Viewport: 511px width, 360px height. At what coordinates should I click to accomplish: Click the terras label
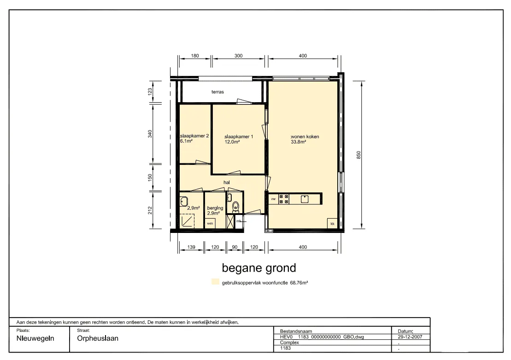point(217,92)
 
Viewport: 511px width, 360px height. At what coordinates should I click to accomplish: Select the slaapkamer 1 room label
point(239,137)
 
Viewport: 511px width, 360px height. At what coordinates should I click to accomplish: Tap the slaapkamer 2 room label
point(194,136)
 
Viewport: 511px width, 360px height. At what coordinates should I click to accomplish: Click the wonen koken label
point(305,137)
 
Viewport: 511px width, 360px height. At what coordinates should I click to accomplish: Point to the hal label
point(227,182)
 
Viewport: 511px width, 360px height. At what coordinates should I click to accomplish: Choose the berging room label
point(215,208)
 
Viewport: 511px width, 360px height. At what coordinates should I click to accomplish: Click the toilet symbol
point(235,206)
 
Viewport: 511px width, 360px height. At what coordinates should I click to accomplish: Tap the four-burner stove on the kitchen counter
point(283,199)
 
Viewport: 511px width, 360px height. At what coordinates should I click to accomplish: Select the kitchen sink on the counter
point(305,199)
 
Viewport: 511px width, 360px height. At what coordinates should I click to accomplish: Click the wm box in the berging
point(210,223)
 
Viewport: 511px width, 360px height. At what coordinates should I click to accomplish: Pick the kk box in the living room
point(332,224)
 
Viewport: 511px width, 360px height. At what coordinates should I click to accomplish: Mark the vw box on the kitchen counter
point(273,199)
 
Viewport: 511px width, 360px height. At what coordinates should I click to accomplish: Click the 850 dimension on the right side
point(359,155)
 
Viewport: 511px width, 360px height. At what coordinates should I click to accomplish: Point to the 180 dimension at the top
point(195,56)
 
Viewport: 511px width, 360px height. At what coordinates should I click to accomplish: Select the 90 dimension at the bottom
point(235,247)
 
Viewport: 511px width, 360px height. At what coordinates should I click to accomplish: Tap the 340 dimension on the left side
point(150,134)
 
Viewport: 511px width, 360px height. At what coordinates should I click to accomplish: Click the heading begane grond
point(259,268)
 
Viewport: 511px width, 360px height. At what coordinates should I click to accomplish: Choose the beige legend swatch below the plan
point(216,282)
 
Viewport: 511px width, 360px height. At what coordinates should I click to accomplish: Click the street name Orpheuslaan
point(98,338)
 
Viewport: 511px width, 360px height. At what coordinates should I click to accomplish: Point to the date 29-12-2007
point(410,337)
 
